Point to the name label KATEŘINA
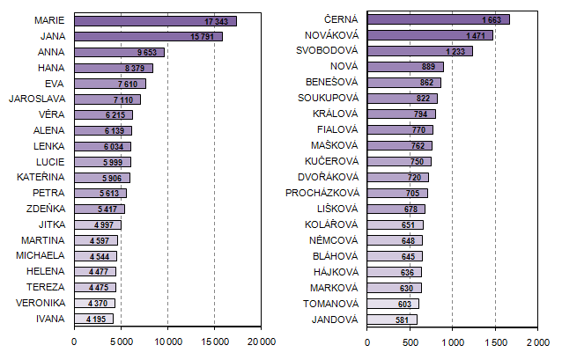point(38,177)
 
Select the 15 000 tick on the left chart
point(214,341)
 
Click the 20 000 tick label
point(261,341)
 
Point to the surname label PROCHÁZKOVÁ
point(322,193)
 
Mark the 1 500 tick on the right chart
point(495,341)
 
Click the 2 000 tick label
point(536,341)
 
